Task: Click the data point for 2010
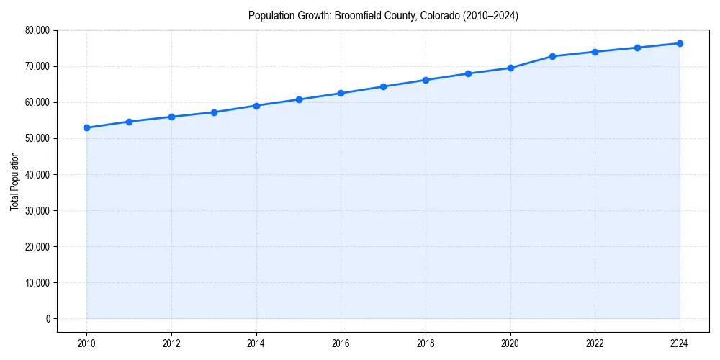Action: (86, 127)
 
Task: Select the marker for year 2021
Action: (552, 56)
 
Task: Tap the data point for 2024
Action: (680, 43)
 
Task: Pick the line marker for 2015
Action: (299, 99)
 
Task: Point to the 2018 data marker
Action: (426, 80)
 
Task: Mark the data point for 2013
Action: (214, 112)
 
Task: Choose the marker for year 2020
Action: (510, 68)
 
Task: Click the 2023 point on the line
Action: (637, 48)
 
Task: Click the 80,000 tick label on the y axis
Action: (36, 30)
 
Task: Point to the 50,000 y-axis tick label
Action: (36, 138)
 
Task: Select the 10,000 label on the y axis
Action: (36, 282)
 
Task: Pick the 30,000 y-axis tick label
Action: (36, 210)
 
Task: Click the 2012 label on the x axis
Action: (171, 343)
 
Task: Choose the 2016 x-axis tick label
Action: (341, 343)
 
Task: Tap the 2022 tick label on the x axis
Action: (595, 343)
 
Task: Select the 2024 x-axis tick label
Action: (680, 343)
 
